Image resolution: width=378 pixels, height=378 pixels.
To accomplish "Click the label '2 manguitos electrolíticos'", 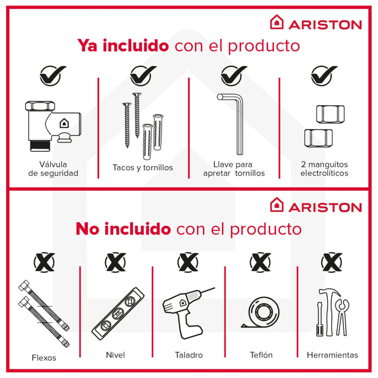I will coord(324,168).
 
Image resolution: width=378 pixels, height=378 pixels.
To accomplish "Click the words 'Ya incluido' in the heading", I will coord(123,45).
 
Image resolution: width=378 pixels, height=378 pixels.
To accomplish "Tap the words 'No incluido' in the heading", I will coord(123,229).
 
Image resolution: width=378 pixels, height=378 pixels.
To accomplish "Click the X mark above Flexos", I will coord(44,263).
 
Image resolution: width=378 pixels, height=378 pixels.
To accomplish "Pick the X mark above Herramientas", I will coord(332,263).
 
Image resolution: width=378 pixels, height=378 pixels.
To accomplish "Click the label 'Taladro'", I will coord(189,355).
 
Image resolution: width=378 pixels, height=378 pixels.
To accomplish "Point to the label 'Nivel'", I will coord(116,355).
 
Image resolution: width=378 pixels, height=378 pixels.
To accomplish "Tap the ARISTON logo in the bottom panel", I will coord(316,206).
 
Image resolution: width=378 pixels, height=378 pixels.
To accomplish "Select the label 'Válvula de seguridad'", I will coord(53,168).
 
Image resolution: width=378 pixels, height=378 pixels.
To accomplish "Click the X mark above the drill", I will coord(188,263).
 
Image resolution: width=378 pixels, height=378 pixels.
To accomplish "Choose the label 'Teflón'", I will coord(261,355).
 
